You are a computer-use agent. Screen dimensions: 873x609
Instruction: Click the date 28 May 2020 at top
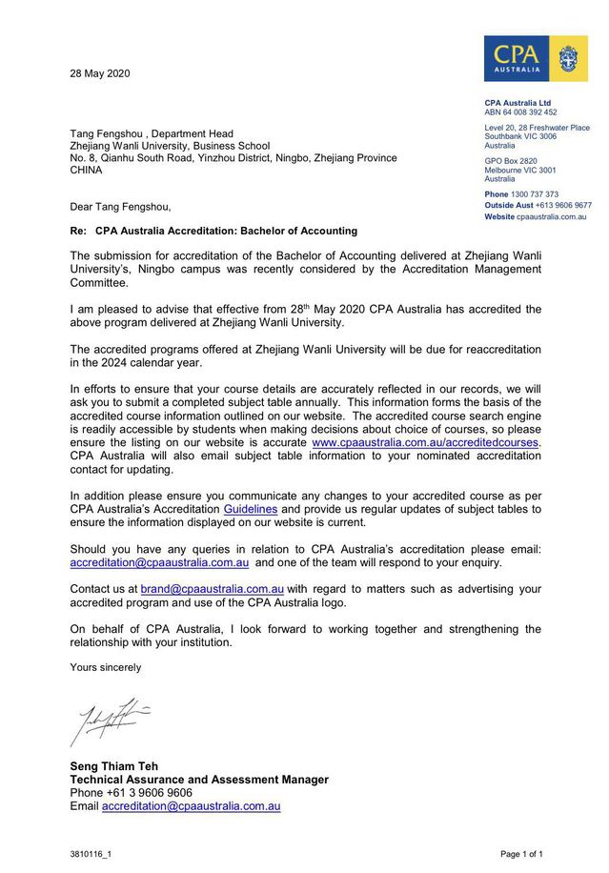[x=100, y=74]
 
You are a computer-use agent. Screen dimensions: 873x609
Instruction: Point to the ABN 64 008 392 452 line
[x=520, y=112]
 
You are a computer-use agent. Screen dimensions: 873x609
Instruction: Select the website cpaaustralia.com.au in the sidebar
[x=551, y=216]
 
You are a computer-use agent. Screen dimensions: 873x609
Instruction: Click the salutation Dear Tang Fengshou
[x=121, y=206]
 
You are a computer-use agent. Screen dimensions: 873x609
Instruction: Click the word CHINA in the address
[x=87, y=171]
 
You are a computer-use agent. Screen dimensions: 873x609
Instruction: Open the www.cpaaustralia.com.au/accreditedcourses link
[x=425, y=442]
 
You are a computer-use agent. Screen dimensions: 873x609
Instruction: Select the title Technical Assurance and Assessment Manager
[x=198, y=779]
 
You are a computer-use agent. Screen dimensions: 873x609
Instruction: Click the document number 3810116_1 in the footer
[x=91, y=854]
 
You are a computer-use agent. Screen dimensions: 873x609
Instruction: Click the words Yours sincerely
[x=105, y=667]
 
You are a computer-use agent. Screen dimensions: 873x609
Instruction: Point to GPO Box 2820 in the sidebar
[x=510, y=161]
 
